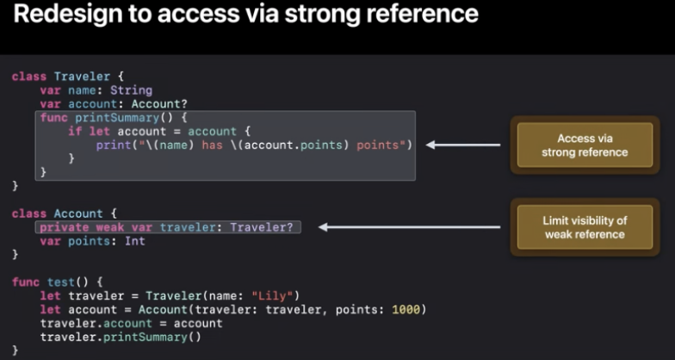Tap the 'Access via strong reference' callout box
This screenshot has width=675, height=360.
pos(585,145)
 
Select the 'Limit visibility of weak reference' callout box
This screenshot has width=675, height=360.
pos(585,227)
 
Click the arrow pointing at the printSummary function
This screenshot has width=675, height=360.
pos(463,145)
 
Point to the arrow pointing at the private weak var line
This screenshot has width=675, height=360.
pos(409,227)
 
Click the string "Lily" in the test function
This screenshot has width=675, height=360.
pos(276,295)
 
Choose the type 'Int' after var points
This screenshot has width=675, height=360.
pos(134,241)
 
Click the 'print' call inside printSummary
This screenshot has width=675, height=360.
pos(114,145)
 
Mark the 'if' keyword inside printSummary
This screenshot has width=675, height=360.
pos(75,131)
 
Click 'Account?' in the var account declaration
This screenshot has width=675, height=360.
pos(163,103)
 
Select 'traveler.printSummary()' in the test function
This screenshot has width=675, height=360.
pos(121,337)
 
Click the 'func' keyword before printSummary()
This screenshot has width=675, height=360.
pos(53,117)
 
